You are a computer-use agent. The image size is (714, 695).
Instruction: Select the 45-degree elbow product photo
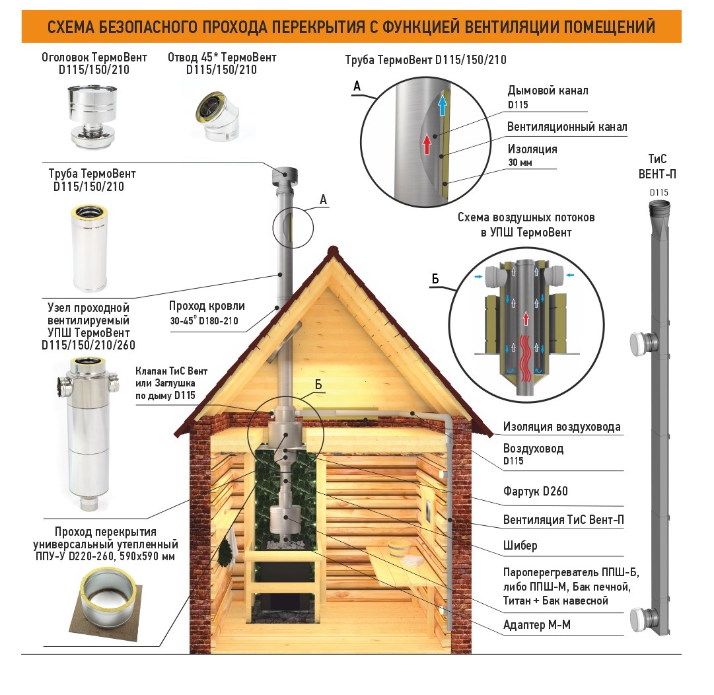tap(218, 117)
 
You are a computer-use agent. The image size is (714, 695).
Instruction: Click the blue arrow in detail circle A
tap(442, 103)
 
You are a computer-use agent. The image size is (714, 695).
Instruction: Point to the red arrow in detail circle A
tap(427, 144)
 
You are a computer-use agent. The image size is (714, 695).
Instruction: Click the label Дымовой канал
tap(548, 91)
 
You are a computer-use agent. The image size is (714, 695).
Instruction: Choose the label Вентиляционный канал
tap(567, 127)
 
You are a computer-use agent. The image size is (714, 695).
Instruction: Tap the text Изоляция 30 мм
tap(532, 155)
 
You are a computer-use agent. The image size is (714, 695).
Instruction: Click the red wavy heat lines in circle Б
tap(526, 358)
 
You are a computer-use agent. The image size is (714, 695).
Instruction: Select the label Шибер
tap(520, 545)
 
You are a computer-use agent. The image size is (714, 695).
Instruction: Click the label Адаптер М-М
tap(536, 624)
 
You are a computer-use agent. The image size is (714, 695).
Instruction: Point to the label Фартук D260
tap(535, 491)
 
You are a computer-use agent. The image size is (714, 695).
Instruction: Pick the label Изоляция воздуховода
tap(561, 427)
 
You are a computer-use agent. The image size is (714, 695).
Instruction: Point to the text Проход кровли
tap(207, 306)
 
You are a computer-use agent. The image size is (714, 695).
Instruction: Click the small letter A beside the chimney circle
tap(323, 200)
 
